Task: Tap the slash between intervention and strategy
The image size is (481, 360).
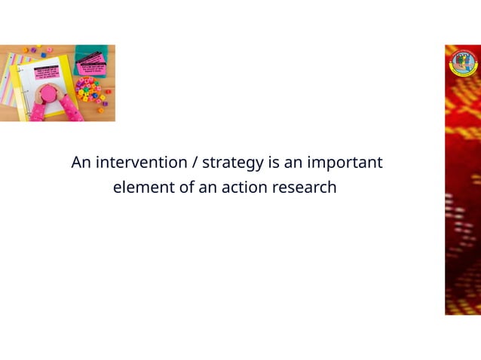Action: [x=196, y=163]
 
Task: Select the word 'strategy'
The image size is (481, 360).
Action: [x=233, y=163]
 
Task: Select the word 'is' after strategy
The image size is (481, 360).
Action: [x=273, y=163]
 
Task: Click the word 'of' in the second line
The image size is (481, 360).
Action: [x=186, y=188]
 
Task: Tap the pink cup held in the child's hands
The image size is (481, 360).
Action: [x=47, y=94]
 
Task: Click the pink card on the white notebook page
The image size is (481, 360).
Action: [x=47, y=72]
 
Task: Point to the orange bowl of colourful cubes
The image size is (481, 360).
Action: [x=88, y=90]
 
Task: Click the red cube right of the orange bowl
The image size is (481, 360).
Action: [x=108, y=91]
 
